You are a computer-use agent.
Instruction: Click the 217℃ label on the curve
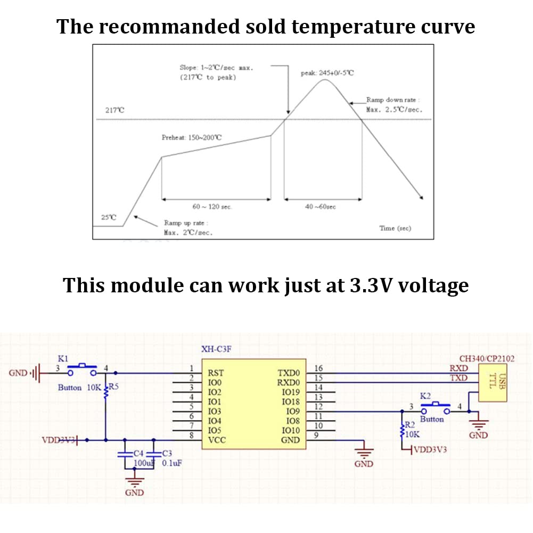click(114, 110)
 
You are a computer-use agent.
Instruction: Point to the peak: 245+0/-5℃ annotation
click(327, 73)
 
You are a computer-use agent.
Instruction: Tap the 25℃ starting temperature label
click(109, 217)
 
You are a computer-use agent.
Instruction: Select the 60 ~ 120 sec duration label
click(212, 207)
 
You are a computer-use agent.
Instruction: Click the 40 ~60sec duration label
click(320, 207)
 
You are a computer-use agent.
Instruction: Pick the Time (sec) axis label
click(395, 228)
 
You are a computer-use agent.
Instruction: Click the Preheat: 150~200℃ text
click(191, 137)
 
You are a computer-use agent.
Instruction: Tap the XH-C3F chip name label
click(216, 349)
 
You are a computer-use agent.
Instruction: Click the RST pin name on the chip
click(216, 373)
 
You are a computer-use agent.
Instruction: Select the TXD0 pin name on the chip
click(289, 373)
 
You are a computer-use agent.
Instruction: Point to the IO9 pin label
click(293, 411)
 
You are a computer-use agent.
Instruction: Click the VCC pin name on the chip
click(217, 440)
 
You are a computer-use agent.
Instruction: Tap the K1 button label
click(63, 359)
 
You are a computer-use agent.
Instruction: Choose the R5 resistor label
click(113, 387)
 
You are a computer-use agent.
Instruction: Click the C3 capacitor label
click(167, 453)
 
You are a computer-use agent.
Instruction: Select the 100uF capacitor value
click(144, 463)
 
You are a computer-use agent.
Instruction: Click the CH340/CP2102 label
click(487, 359)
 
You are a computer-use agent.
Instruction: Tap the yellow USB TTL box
click(493, 383)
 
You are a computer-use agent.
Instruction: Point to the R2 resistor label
click(410, 424)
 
